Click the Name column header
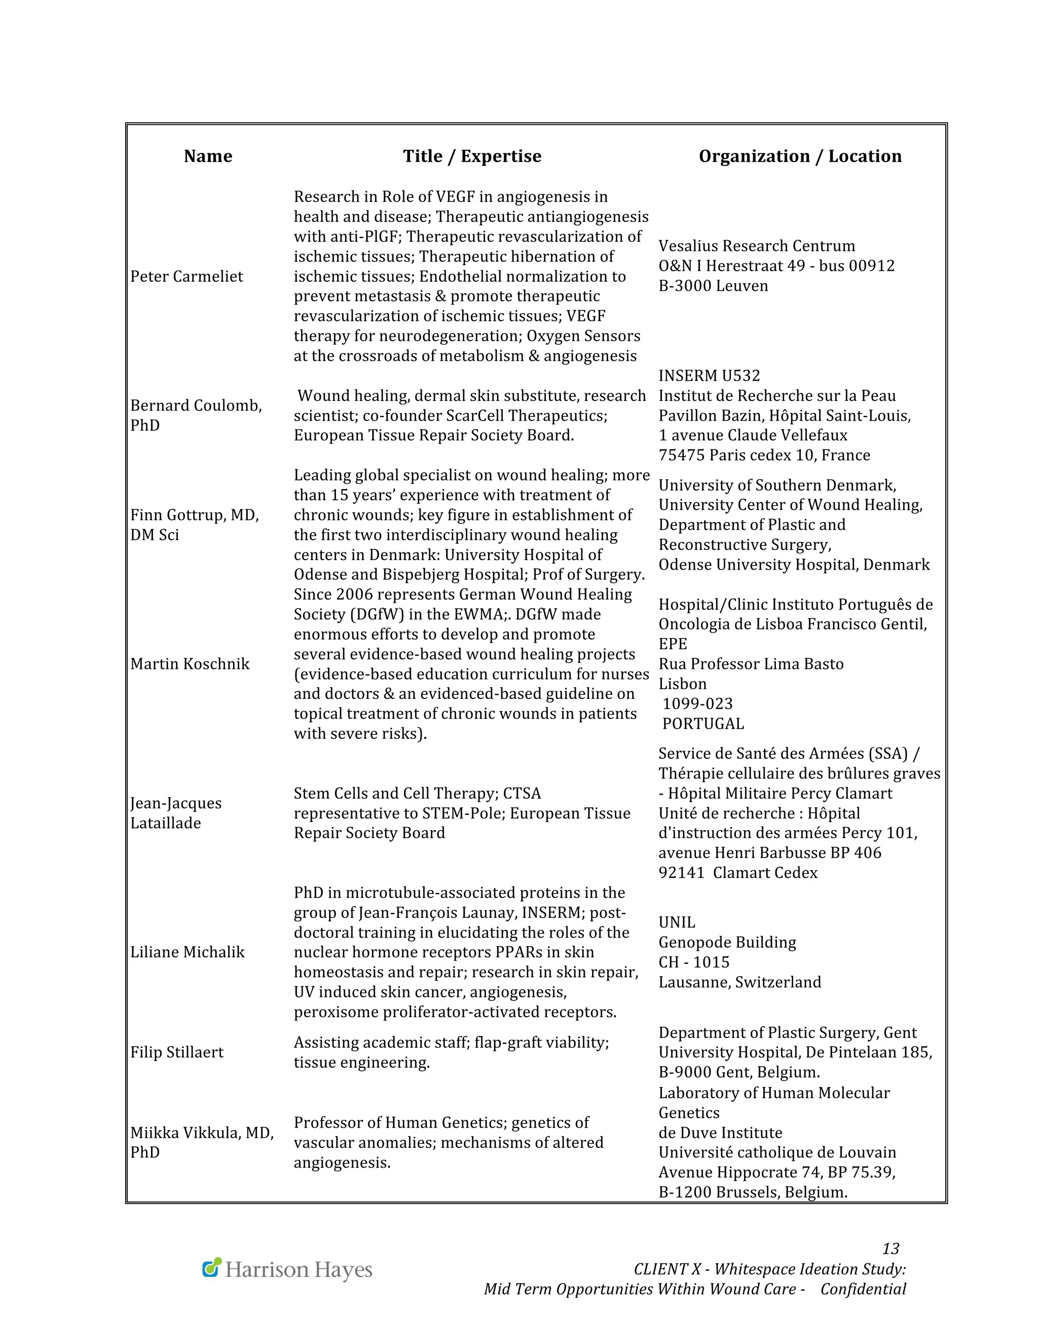(208, 156)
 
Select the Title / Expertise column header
(472, 156)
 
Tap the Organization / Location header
(800, 156)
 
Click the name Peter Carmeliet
(187, 277)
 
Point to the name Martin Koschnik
(190, 664)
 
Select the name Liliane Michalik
(187, 953)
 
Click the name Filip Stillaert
(176, 1052)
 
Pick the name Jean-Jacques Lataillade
(175, 813)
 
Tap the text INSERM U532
(709, 376)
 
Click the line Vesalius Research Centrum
(756, 246)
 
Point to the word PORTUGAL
(703, 724)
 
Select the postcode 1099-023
(697, 703)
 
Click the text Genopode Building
(727, 943)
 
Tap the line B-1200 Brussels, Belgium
(753, 1192)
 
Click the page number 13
(891, 1249)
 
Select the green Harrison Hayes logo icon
(211, 1267)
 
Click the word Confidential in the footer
(863, 1289)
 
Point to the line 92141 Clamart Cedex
(738, 873)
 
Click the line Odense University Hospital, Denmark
(794, 565)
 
